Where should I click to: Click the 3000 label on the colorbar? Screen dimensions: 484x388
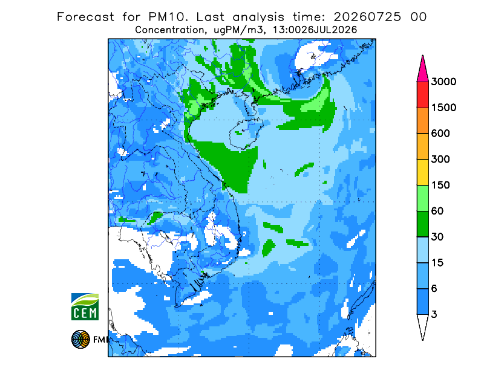coord(443,82)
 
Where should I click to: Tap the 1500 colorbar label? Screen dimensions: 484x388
coord(443,108)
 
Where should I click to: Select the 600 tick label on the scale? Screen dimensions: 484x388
coord(440,134)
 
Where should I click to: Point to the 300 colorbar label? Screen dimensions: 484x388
coord(440,160)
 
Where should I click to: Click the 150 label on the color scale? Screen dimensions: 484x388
coord(440,186)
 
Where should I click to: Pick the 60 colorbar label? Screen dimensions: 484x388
coord(437,212)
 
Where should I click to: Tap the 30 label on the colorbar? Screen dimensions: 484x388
coord(437,237)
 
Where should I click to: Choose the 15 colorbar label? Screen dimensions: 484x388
coord(437,263)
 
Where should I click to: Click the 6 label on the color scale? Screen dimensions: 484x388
coord(434,289)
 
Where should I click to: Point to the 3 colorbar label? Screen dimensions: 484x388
coord(434,315)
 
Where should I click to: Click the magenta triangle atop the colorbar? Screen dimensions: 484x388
coord(422,71)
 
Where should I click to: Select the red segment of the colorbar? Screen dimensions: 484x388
coord(422,95)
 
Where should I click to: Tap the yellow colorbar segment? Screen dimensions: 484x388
coord(422,172)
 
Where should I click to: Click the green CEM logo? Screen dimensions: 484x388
coord(85,306)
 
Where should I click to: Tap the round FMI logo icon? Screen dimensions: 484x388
coord(80,339)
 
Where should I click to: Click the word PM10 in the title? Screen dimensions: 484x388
coord(168,17)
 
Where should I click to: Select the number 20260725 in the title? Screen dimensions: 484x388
coord(367,17)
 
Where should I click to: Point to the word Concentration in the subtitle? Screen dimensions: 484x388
coord(169,30)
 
